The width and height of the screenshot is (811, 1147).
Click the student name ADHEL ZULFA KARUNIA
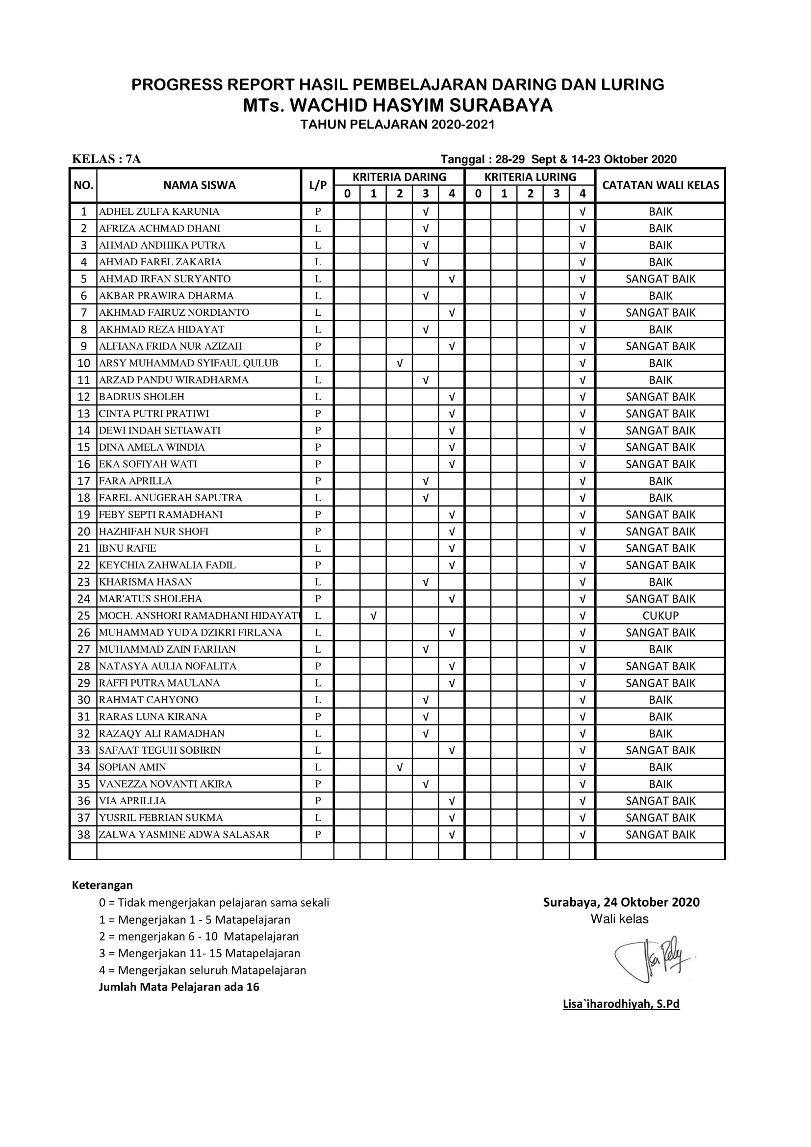[x=159, y=211]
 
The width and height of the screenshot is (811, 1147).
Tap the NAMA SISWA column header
[x=199, y=185]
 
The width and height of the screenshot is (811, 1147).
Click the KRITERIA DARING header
[x=399, y=178]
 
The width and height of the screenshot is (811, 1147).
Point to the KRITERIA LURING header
[x=530, y=178]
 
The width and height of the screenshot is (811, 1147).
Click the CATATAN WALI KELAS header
[x=660, y=185]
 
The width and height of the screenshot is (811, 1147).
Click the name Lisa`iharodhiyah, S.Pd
[x=621, y=1004]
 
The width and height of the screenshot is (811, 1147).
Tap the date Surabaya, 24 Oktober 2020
[x=621, y=902]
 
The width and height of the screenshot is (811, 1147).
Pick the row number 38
[x=83, y=835]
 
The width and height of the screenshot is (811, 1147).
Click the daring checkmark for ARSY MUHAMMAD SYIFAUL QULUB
[x=400, y=363]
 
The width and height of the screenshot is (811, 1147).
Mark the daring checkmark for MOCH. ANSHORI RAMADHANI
[x=374, y=615]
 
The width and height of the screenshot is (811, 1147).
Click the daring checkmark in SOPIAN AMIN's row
[x=400, y=767]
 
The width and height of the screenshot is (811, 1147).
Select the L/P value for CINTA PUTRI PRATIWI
[x=318, y=414]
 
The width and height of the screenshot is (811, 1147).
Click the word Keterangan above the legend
[x=102, y=885]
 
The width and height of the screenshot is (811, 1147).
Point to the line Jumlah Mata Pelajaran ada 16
[x=179, y=987]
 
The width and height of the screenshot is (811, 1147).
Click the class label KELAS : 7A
[x=106, y=159]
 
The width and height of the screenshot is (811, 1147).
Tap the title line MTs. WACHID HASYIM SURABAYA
[x=398, y=105]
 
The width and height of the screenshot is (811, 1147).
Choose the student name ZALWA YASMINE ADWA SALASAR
[x=184, y=835]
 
